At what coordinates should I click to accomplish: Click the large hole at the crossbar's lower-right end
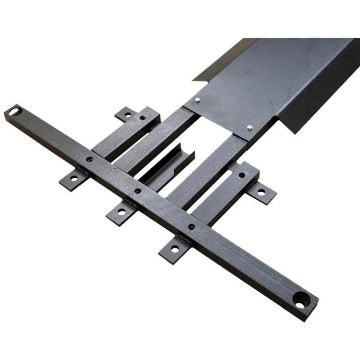[x=301, y=299]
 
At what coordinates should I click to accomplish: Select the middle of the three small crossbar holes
[x=138, y=191]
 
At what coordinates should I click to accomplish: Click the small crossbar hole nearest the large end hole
[x=191, y=227]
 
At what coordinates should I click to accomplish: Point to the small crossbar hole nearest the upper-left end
[x=90, y=159]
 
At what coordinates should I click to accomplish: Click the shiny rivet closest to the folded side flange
[x=249, y=127]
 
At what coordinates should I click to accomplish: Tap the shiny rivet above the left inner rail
[x=197, y=100]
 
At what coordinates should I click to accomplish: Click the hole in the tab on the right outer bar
[x=261, y=192]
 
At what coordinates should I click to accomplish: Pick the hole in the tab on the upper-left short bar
[x=127, y=114]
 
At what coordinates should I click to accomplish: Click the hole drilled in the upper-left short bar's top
[x=143, y=118]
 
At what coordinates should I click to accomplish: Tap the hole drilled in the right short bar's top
[x=242, y=175]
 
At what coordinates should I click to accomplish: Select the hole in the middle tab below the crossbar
[x=121, y=211]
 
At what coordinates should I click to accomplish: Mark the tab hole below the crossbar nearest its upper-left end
[x=73, y=178]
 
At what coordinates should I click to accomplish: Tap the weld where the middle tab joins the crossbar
[x=132, y=201]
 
